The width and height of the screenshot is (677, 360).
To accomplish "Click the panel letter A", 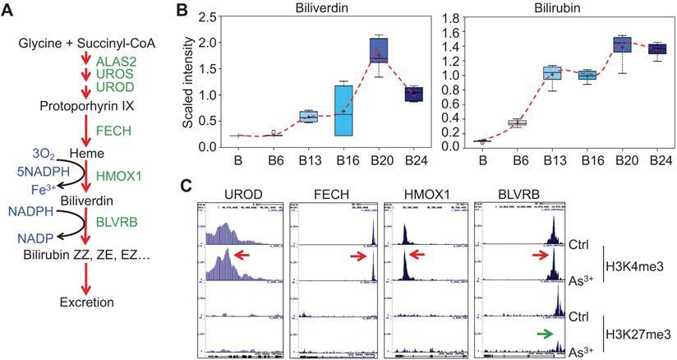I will (7, 8).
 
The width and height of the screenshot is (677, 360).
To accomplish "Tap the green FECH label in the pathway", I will (113, 130).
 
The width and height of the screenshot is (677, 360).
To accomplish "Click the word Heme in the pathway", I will (66, 154).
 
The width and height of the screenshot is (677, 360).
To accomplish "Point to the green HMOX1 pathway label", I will (120, 176).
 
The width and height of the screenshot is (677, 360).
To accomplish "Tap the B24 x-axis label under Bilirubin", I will (657, 162).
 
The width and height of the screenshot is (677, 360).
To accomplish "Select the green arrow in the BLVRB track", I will (539, 333).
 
